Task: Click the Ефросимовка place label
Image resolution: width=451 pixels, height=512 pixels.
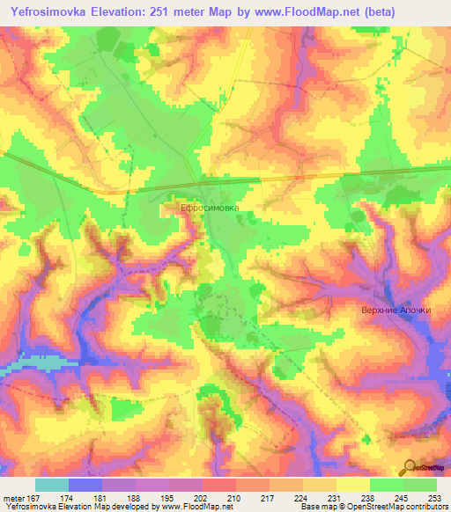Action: pos(210,208)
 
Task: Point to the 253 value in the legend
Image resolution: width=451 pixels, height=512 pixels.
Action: pos(435,497)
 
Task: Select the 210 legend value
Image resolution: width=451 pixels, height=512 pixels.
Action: pos(218,497)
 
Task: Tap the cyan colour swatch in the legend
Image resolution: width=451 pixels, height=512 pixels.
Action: pos(52,485)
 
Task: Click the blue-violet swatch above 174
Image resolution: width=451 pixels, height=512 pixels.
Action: pos(85,485)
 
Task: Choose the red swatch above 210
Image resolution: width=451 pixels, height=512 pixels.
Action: pos(219,485)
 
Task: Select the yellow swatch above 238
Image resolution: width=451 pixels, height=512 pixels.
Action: pos(352,485)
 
